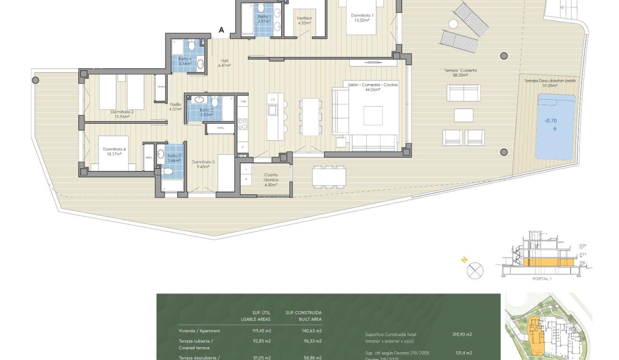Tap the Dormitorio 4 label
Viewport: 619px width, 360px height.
(114, 152)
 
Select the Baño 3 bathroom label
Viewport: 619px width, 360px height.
(206, 112)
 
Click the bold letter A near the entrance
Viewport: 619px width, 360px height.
(221, 30)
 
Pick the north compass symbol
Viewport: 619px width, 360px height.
(475, 270)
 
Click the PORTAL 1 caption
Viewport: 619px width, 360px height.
(542, 279)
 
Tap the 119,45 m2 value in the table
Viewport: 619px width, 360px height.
(262, 331)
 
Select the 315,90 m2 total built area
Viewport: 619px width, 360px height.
(462, 334)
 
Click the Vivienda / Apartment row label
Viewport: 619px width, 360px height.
(199, 331)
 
